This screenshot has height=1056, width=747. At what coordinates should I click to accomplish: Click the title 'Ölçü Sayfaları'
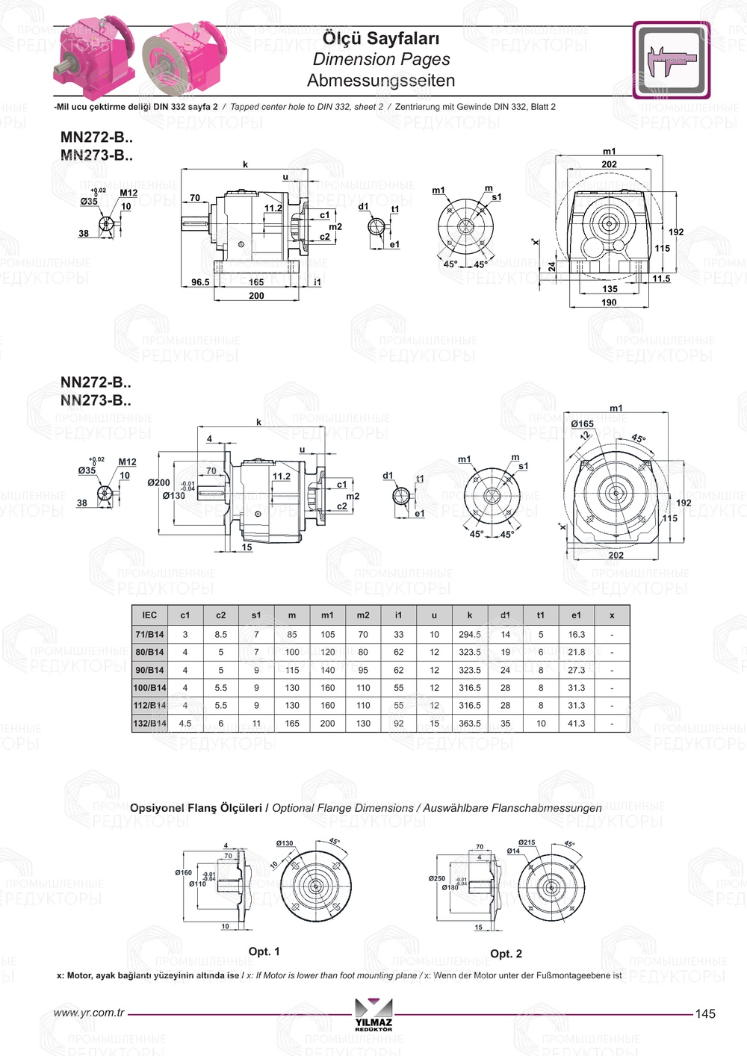[381, 38]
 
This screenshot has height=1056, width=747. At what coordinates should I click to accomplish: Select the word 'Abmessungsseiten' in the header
[381, 81]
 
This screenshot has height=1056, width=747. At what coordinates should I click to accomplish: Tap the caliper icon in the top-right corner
[672, 60]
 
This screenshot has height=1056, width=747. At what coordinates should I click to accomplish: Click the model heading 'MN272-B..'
[96, 137]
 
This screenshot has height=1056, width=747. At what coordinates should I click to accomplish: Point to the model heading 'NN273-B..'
[96, 401]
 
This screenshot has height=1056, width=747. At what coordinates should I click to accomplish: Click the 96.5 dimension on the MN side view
[200, 282]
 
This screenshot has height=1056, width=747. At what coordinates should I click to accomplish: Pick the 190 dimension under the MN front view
[609, 302]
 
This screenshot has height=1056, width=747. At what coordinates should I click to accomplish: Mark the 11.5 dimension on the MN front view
[661, 279]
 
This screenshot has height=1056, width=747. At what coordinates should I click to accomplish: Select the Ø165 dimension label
[583, 424]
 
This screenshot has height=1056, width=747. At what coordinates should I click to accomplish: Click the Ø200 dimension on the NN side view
[158, 483]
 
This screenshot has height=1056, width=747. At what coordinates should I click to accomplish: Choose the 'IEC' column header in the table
[149, 615]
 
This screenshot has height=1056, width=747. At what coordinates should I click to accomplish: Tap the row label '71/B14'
[149, 635]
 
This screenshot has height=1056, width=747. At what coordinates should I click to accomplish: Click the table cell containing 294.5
[470, 635]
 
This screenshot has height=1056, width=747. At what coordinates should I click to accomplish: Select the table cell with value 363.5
[470, 724]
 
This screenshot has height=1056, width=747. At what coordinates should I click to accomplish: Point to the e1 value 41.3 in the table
[576, 724]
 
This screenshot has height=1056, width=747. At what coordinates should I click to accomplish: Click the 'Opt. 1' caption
[264, 952]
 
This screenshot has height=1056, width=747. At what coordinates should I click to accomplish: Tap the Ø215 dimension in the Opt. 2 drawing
[527, 842]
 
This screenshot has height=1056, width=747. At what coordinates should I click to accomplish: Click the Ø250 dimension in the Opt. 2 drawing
[436, 879]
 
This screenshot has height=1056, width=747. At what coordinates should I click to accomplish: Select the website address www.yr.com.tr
[89, 1013]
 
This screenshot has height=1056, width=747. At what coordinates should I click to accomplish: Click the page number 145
[705, 1014]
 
